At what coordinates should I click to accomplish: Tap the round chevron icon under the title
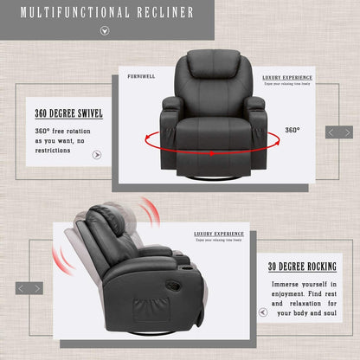tap(106, 31)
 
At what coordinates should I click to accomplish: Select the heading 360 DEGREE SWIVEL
tap(68, 113)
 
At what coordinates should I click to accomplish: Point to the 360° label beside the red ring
tap(292, 130)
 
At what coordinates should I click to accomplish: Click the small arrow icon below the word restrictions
tap(97, 155)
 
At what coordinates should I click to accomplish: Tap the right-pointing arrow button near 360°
tap(345, 132)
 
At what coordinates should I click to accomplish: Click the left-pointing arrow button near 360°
tap(331, 132)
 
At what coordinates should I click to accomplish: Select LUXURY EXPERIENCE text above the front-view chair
tap(288, 77)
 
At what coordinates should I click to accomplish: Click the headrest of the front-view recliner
tap(209, 65)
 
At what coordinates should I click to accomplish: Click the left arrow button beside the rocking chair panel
tap(22, 288)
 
